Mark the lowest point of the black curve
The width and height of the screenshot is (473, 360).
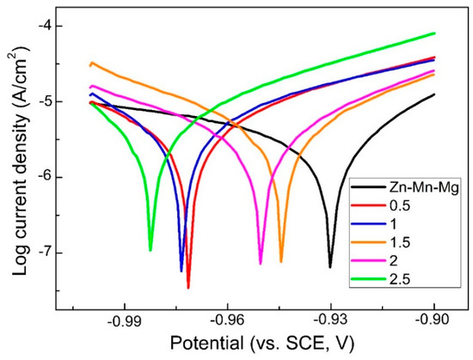pos(330,267)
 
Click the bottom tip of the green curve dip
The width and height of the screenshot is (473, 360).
pos(150,250)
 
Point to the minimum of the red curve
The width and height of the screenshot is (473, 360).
pos(187,288)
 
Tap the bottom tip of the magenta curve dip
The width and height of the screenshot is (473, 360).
pos(261,264)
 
